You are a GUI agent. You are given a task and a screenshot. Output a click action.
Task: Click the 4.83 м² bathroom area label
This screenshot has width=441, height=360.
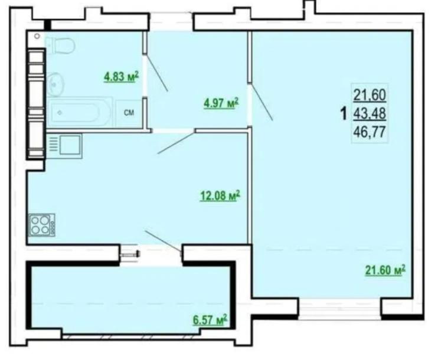[122, 77]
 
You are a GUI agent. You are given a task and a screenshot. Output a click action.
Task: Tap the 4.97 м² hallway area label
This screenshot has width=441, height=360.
[221, 103]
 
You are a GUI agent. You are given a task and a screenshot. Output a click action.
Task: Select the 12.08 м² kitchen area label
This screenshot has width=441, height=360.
[220, 195]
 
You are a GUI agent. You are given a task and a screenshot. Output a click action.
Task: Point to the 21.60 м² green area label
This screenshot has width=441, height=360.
[386, 270]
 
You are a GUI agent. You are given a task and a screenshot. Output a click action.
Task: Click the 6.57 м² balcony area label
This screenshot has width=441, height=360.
[210, 320]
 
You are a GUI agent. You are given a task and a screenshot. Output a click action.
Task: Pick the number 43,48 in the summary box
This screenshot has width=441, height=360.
[370, 114]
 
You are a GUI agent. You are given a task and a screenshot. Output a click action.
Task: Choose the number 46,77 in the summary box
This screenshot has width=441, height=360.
[370, 132]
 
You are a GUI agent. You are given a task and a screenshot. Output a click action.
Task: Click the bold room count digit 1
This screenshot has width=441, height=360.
[344, 114]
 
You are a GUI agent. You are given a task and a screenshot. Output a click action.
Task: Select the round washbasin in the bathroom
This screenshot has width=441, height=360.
[55, 84]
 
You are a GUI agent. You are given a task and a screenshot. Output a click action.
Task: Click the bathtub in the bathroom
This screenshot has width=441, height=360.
[80, 113]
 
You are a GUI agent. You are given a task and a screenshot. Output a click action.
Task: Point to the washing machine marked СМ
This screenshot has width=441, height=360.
[129, 113]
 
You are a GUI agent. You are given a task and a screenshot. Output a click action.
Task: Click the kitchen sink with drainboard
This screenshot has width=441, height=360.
[64, 146]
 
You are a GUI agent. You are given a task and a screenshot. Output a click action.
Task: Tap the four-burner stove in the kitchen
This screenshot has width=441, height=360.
[42, 225]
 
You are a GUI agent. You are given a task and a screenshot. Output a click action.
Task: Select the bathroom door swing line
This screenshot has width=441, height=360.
[157, 75]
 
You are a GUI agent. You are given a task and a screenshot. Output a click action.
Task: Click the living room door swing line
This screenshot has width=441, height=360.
[262, 102]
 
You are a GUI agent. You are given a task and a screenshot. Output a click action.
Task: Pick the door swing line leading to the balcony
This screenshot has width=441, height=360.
[163, 241]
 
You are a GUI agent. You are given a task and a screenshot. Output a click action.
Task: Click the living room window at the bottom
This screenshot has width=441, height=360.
[339, 309]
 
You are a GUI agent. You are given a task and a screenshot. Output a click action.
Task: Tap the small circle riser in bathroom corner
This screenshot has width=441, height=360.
[37, 36]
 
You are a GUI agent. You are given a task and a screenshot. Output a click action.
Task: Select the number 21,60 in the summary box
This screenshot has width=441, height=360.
[370, 95]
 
